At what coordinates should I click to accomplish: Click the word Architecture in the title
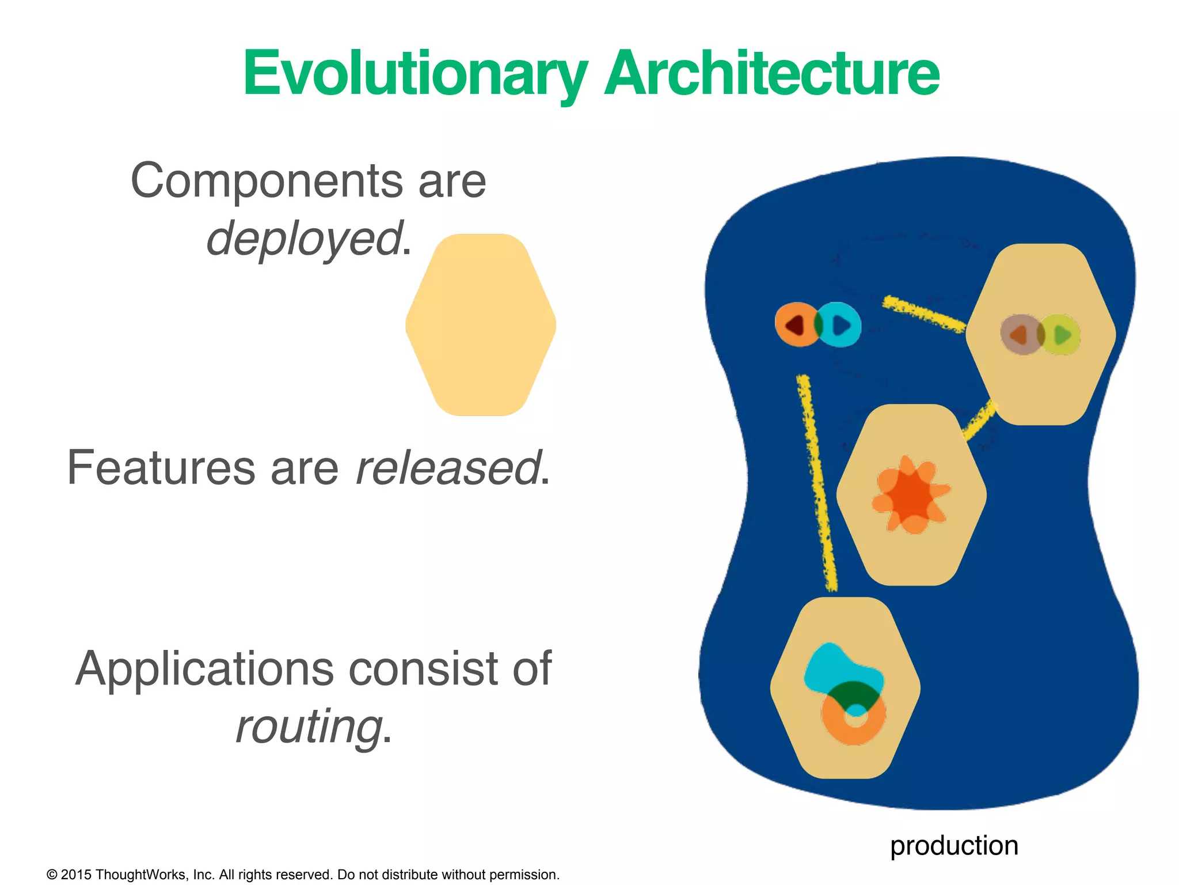(x=771, y=74)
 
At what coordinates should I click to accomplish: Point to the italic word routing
(x=310, y=727)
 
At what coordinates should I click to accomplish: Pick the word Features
(x=161, y=468)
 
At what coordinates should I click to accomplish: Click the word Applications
(x=204, y=670)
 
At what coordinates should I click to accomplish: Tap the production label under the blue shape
(x=954, y=846)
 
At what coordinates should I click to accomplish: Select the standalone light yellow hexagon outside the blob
(x=481, y=325)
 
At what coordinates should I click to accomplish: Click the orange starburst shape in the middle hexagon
(x=910, y=494)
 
